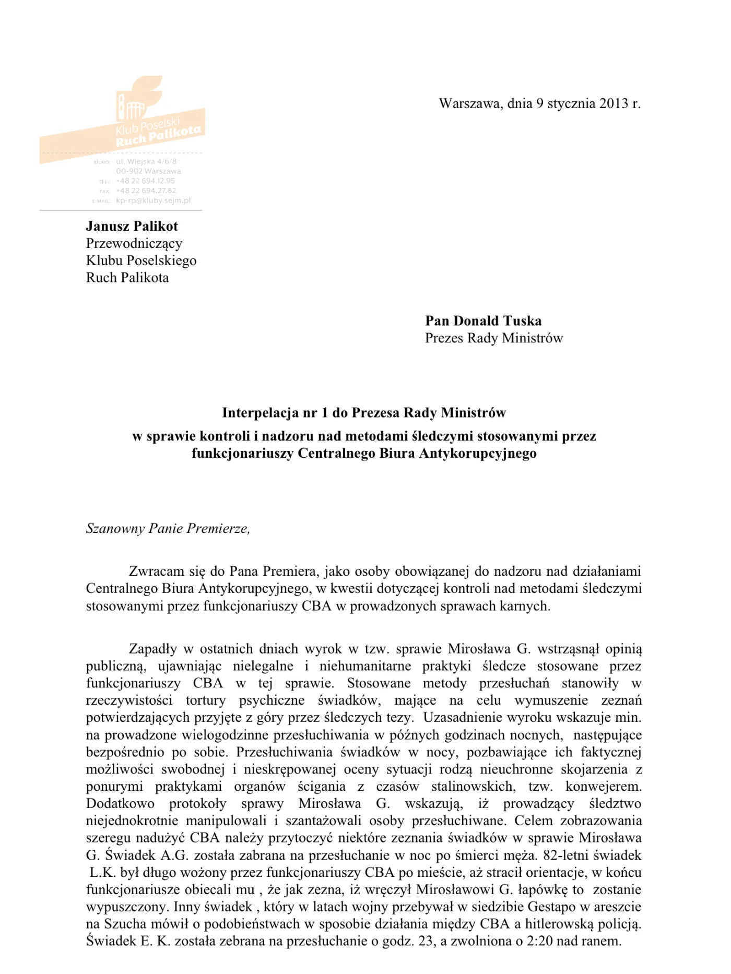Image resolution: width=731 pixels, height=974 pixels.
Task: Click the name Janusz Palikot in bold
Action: coord(132,226)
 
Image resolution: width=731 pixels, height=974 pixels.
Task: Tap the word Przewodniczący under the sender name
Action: coord(134,243)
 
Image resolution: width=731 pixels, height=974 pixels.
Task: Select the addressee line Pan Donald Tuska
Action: coord(483,320)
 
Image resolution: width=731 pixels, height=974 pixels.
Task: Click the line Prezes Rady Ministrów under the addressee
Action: coord(493,338)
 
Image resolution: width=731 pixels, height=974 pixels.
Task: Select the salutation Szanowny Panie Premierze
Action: coord(168,528)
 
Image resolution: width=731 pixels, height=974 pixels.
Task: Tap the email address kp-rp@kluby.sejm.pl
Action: coord(153,200)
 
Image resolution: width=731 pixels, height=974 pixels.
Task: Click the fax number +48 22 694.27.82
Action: coord(146,191)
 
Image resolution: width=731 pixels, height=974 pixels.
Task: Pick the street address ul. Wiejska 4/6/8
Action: coord(146,161)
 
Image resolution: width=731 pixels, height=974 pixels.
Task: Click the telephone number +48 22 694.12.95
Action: coord(145,181)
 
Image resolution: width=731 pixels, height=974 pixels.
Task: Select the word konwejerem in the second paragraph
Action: coord(603,786)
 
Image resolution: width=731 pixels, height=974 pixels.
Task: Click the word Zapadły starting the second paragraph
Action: coord(152,649)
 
